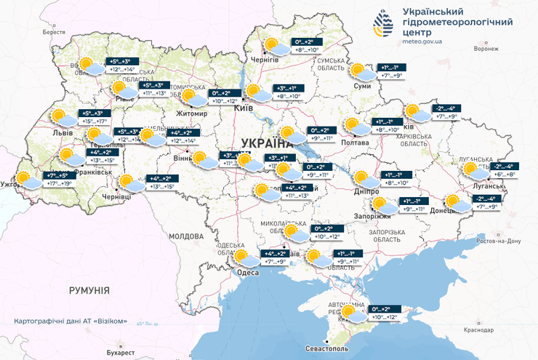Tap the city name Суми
click(x=362, y=86)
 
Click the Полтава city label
click(x=355, y=143)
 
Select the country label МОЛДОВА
click(x=186, y=236)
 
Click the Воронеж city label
click(x=486, y=49)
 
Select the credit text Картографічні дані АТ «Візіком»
click(x=75, y=321)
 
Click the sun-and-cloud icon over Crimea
click(x=354, y=313)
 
